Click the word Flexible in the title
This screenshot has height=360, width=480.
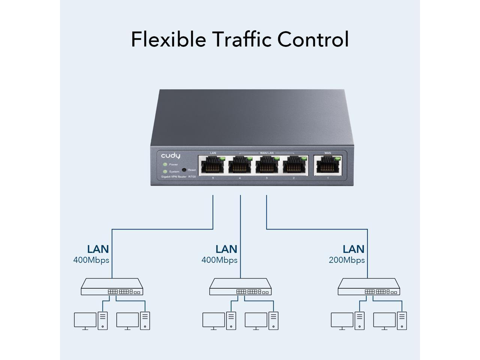[168, 39]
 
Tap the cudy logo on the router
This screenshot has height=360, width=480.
[171, 156]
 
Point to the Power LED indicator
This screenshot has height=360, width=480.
[165, 165]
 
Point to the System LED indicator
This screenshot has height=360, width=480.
[165, 171]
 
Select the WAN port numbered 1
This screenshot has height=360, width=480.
[328, 165]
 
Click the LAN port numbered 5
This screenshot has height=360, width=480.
[213, 165]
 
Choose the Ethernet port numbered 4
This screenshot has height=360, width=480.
[240, 165]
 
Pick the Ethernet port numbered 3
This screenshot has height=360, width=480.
[267, 165]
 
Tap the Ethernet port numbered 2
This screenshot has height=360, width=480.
[294, 165]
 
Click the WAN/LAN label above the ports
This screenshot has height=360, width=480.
[267, 153]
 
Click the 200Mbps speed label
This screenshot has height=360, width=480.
[346, 260]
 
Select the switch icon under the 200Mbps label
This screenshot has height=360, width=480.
[369, 287]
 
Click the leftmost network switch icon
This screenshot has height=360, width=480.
[112, 287]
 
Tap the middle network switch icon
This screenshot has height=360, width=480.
[240, 287]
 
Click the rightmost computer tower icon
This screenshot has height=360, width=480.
[402, 321]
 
